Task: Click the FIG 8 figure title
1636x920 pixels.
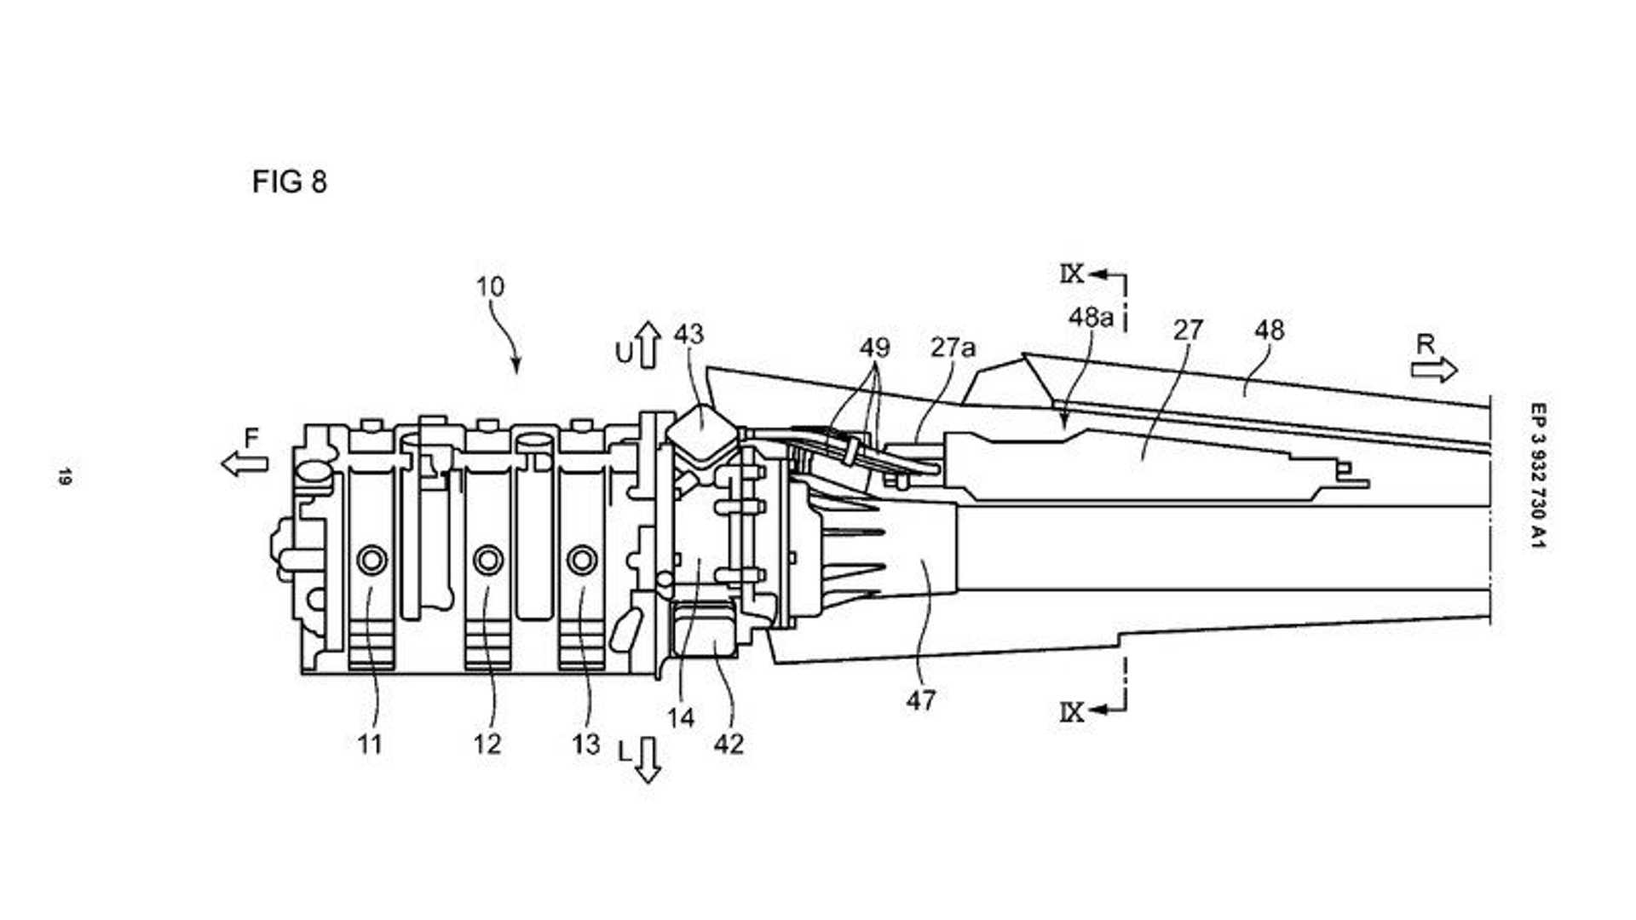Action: (x=289, y=181)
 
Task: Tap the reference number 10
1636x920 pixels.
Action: (x=490, y=286)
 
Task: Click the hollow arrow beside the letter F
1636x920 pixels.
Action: (x=245, y=463)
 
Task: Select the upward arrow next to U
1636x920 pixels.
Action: (x=648, y=345)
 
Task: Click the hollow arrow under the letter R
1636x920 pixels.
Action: (x=1434, y=370)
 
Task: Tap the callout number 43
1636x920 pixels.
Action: (x=688, y=333)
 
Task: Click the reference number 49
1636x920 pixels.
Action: (x=874, y=348)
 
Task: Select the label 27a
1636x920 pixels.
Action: (x=953, y=348)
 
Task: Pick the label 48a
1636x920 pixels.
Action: (x=1091, y=317)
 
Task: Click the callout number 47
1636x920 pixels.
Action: (x=921, y=700)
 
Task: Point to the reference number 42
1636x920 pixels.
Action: (x=729, y=744)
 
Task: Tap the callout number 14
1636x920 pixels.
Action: (x=681, y=718)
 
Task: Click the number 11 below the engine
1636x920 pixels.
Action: (x=369, y=745)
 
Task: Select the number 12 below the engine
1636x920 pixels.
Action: (x=487, y=745)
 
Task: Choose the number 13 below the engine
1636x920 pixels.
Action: (x=586, y=745)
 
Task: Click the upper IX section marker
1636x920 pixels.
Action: (x=1072, y=273)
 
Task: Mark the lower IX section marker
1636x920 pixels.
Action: (x=1072, y=711)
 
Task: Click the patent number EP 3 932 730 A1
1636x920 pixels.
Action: (x=1537, y=475)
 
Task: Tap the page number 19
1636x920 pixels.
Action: (x=65, y=476)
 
